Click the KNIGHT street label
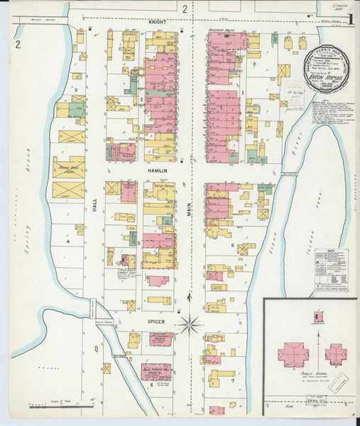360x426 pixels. click(x=156, y=22)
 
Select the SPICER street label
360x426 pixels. click(x=156, y=322)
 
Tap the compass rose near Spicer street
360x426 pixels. click(x=189, y=326)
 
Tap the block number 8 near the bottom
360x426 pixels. click(x=151, y=385)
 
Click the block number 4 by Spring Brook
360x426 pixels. click(x=68, y=241)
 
